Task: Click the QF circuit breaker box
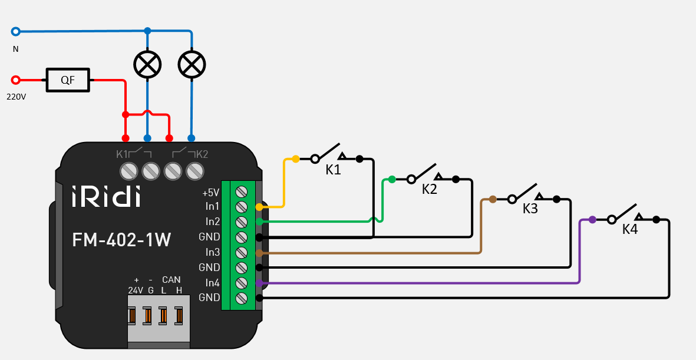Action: (68, 80)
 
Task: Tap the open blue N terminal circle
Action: (16, 31)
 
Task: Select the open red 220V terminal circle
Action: (16, 80)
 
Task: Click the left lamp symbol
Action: (147, 64)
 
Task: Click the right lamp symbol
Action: (192, 64)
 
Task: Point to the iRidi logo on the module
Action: (106, 196)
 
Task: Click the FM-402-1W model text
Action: (121, 240)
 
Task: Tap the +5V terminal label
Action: (210, 193)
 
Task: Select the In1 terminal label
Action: (212, 207)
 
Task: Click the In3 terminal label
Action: (212, 252)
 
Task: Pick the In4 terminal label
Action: (212, 283)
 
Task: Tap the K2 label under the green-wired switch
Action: (430, 189)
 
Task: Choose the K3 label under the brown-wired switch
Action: (530, 209)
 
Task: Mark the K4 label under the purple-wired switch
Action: (630, 229)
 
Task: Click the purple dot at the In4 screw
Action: (259, 283)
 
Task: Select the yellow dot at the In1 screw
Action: (259, 207)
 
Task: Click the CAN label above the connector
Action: (171, 279)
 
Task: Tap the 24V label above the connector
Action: (136, 290)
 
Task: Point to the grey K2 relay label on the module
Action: (202, 154)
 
